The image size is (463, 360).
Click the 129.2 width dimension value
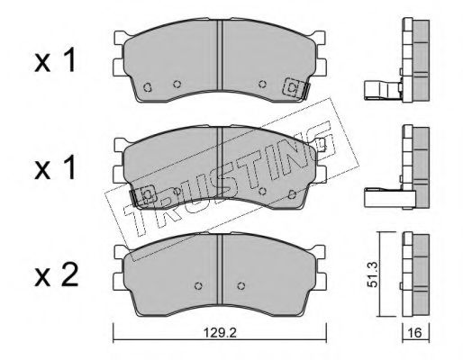tap(220, 332)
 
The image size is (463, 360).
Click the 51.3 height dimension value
tap(373, 274)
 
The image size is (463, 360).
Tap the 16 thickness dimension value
tap(415, 332)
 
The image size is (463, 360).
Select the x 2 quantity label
tap(57, 274)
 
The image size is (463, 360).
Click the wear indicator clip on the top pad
tap(296, 88)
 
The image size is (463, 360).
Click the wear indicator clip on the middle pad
tap(143, 196)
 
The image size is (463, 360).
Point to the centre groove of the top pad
tap(221, 55)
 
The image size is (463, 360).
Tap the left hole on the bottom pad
tap(198, 285)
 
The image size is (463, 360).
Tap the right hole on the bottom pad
tap(241, 285)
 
